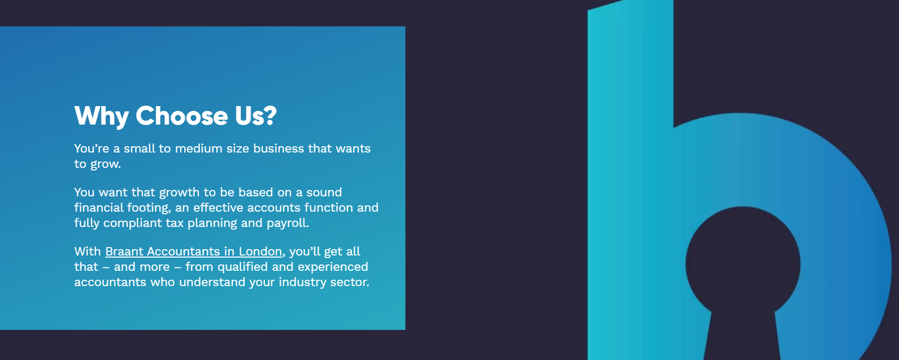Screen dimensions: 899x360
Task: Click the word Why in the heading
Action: tap(101, 116)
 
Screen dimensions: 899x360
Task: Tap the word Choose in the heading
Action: tap(182, 116)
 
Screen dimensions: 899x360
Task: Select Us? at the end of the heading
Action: tap(255, 116)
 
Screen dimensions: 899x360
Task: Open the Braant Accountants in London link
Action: tap(193, 252)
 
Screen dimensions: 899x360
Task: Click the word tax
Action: tap(175, 223)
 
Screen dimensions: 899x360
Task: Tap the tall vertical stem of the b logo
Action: tap(630, 180)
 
